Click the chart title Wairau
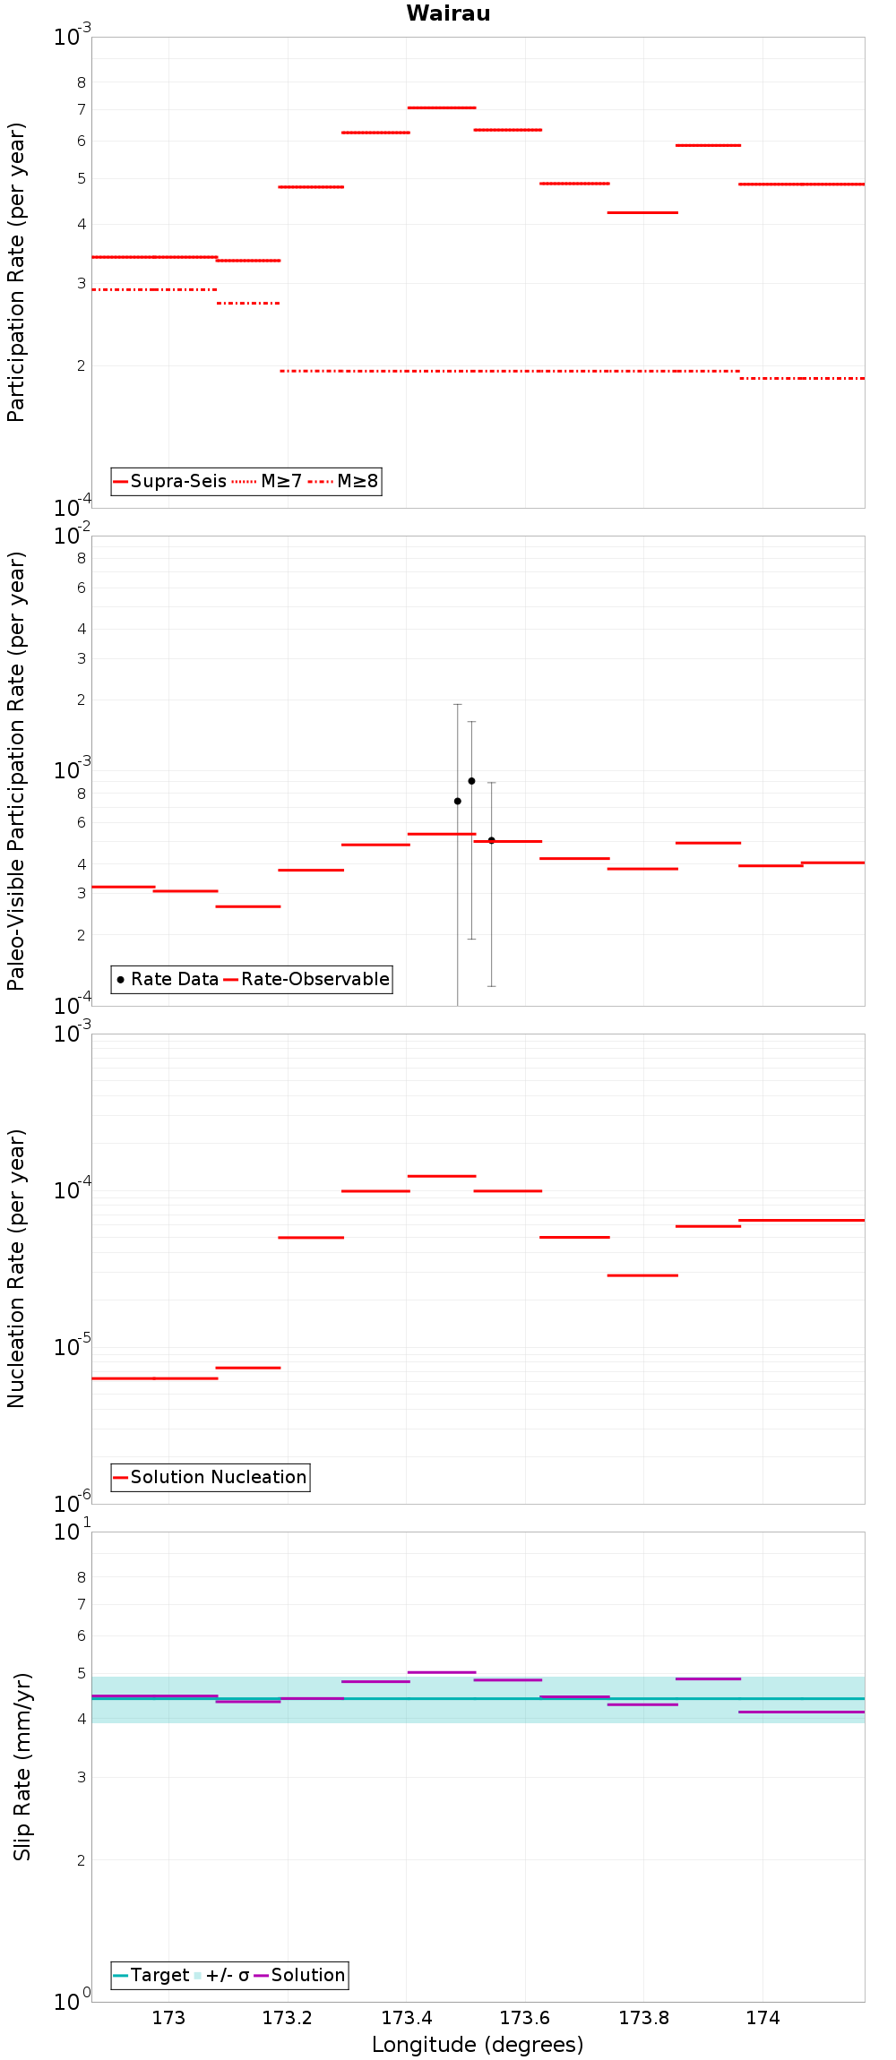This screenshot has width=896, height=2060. click(x=448, y=13)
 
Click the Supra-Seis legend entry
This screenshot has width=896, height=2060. click(x=169, y=481)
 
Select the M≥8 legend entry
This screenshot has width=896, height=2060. click(x=344, y=481)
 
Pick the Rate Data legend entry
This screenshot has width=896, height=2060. click(x=168, y=979)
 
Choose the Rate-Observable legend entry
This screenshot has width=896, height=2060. click(x=307, y=979)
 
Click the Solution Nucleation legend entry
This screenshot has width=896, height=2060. click(x=210, y=1477)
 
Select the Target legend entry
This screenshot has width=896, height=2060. click(x=151, y=1975)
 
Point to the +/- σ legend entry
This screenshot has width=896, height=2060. click(x=221, y=1975)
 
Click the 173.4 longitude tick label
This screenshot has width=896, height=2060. click(x=406, y=2018)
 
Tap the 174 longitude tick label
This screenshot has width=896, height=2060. click(x=762, y=2018)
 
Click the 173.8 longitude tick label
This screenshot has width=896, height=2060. click(x=643, y=2018)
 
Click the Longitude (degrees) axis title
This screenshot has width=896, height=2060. click(x=478, y=2045)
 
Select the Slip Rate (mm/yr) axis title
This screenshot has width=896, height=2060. click(x=22, y=1766)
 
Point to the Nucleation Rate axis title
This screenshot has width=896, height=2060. click(x=17, y=1268)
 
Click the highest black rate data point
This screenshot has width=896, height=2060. click(x=471, y=781)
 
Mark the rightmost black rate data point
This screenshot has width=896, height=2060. click(x=491, y=840)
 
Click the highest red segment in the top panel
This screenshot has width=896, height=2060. click(x=442, y=107)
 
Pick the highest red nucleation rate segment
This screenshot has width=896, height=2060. click(x=442, y=1176)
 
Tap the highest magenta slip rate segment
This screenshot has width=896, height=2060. click(x=442, y=1672)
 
